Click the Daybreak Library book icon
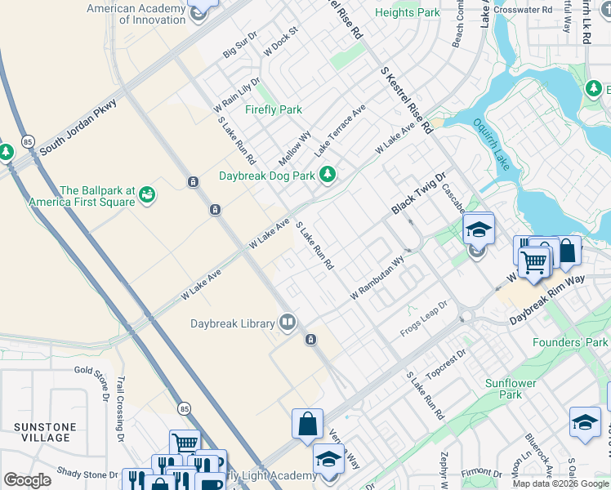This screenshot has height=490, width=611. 287,323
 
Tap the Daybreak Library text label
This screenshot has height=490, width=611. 233,323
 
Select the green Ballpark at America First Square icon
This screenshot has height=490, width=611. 148,194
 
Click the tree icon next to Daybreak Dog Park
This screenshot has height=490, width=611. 328,175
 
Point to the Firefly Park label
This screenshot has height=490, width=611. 274,109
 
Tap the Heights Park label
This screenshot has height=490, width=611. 407,13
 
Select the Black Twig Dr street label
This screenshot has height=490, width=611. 417,194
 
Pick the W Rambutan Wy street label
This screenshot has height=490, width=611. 377,278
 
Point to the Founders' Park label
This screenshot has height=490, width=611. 570,342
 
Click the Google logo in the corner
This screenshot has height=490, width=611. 27,480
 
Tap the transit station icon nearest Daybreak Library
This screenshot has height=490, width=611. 310,340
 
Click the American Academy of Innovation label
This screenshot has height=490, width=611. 153,14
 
